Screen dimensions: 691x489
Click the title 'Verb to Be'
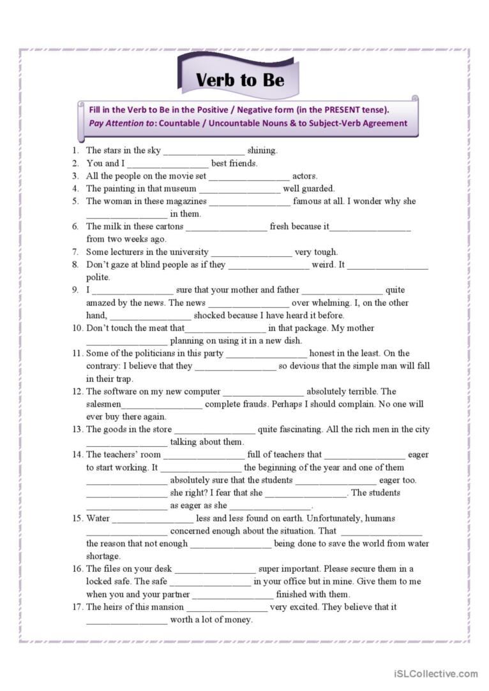(239, 80)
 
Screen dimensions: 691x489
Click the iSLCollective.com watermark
(436, 673)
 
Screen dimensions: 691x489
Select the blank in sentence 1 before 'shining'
(204, 151)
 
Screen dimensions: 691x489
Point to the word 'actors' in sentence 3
(305, 176)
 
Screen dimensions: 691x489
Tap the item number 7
(75, 252)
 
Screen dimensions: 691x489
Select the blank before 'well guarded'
(239, 189)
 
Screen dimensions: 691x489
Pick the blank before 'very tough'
(252, 252)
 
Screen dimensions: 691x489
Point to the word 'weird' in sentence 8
(323, 265)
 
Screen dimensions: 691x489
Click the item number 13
(77, 430)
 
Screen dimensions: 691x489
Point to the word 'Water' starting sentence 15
(98, 518)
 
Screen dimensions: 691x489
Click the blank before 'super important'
(215, 569)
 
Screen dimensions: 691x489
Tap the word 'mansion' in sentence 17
(167, 607)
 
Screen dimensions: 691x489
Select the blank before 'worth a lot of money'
(126, 620)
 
